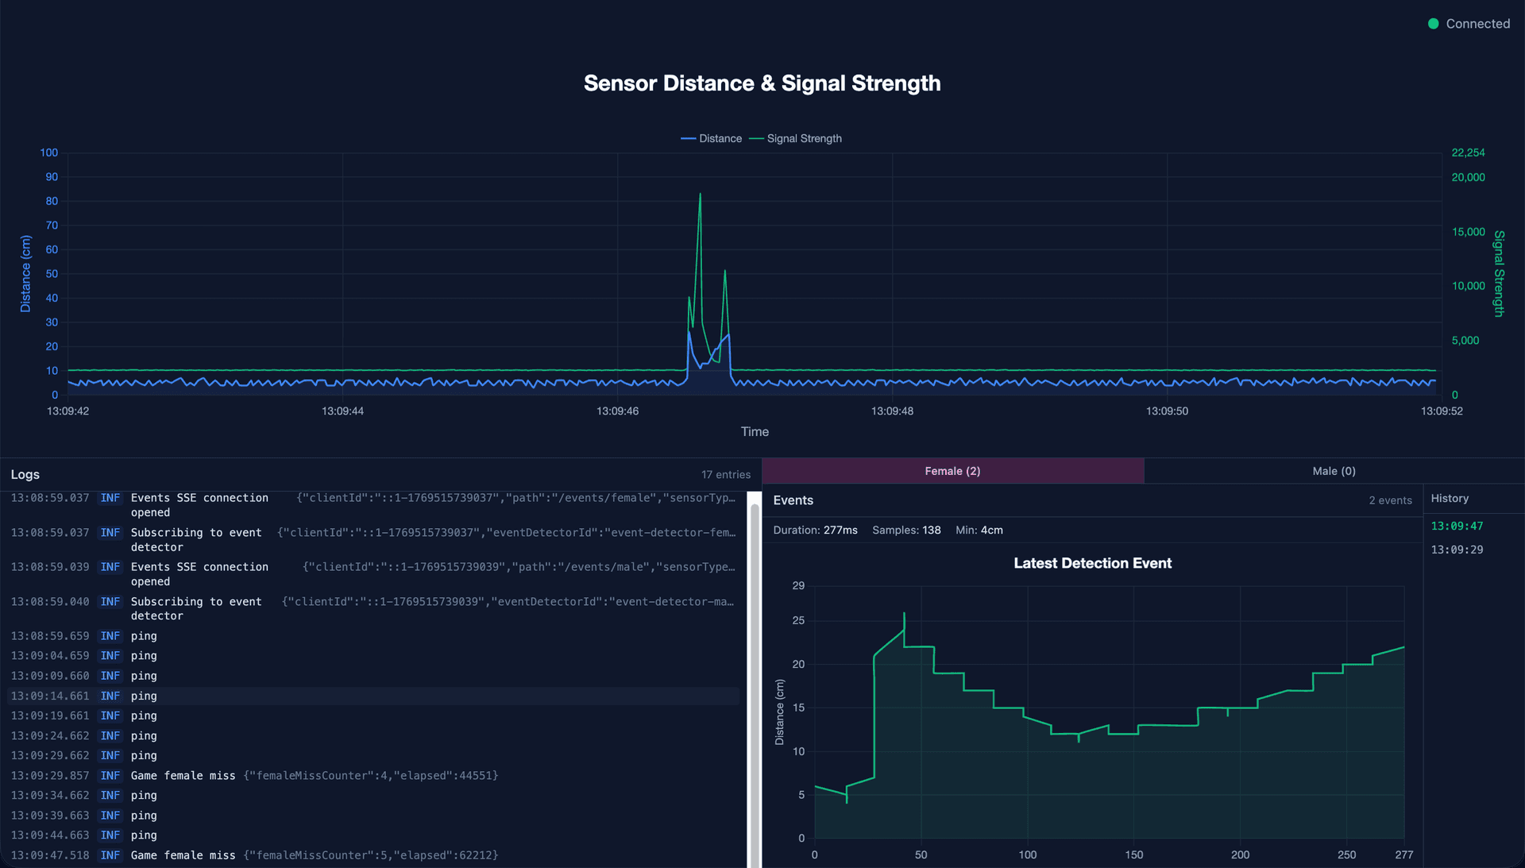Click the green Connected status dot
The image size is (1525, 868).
[1433, 24]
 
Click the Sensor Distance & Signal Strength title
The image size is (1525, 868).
[762, 83]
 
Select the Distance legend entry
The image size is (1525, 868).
[712, 138]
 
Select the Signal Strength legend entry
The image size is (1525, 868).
[796, 138]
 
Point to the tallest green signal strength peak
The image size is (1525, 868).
[700, 195]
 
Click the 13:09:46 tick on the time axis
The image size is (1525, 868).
[617, 411]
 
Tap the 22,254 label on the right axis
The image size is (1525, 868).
[1468, 152]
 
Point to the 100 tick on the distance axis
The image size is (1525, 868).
[49, 152]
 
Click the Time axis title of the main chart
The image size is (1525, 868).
[755, 432]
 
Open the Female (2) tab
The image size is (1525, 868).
[952, 471]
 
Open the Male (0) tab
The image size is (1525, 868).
[1334, 471]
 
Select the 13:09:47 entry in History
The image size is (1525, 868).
[1457, 526]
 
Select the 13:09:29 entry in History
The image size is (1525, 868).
[1457, 550]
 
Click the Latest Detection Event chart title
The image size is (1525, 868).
[1092, 563]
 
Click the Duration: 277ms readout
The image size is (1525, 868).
[815, 530]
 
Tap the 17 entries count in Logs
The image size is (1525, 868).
[725, 475]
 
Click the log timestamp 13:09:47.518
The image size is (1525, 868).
[50, 855]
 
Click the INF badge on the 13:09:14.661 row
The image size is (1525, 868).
[110, 696]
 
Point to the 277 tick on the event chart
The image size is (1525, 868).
[1403, 854]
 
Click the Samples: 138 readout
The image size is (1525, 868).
[906, 530]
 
